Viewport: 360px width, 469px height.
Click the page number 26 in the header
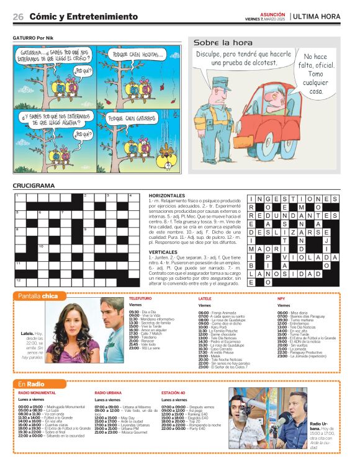pos(18,17)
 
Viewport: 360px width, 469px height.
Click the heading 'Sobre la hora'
pos(223,43)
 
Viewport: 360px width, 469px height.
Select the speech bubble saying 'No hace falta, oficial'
pos(317,73)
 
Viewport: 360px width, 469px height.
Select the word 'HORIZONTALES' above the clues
pos(168,195)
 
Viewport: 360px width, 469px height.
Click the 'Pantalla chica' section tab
pos(38,296)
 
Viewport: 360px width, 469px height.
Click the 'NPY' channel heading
pos(281,298)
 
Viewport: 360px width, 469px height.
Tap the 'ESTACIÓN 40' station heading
pos(173,393)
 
